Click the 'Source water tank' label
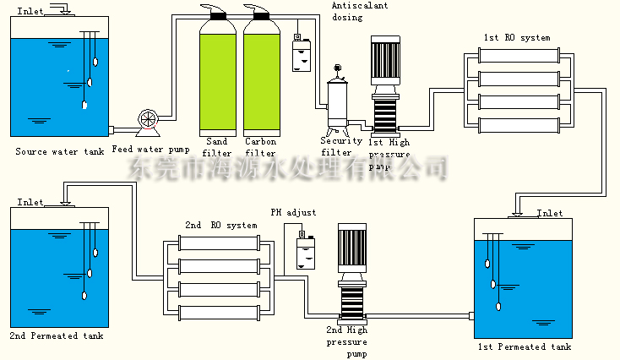point(60,152)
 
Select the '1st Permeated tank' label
point(524,346)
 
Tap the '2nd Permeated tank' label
point(57,336)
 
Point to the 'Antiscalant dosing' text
point(359,11)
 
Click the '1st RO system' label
point(516,38)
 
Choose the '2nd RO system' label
point(220,226)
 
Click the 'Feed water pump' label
point(150,150)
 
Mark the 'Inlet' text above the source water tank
point(30,10)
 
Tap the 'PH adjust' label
point(293,212)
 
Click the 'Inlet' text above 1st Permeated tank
point(550,214)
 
